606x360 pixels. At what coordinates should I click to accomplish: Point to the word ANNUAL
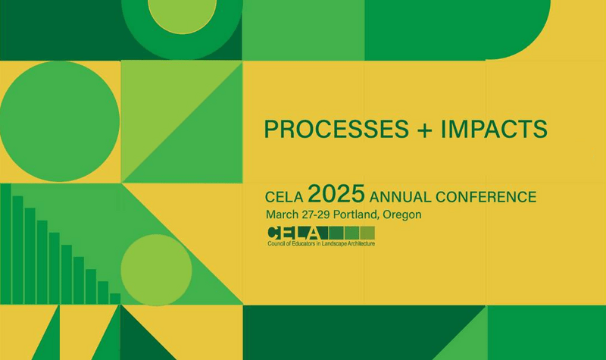401,197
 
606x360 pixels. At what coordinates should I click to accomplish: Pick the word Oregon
401,214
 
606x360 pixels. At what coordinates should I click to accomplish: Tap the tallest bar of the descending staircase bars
5,243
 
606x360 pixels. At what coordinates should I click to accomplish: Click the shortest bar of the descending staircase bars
115,299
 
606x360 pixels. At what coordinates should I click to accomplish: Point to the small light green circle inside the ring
182,13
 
